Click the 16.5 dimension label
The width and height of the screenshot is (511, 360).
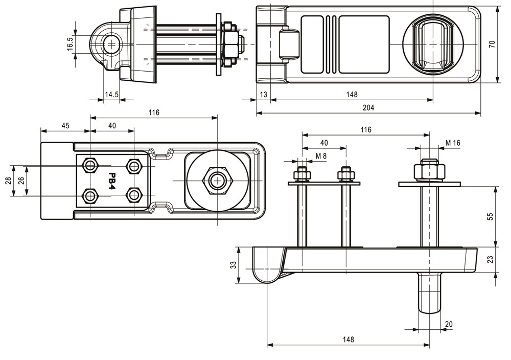71,44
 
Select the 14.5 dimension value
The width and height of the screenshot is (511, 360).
112,94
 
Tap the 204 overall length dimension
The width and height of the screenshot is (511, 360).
368,107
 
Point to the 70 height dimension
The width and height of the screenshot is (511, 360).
492,44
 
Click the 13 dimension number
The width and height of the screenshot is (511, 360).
263,94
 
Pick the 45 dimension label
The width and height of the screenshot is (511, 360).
65,126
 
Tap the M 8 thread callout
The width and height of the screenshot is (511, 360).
322,155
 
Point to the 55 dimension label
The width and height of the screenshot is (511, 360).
491,216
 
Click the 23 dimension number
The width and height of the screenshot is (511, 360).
491,260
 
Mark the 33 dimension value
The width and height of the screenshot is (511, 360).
233,265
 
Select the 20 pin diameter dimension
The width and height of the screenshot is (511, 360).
449,324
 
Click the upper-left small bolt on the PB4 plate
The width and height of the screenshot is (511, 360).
90,165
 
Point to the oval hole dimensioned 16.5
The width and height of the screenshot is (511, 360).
111,44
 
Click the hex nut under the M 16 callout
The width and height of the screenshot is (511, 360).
429,170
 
